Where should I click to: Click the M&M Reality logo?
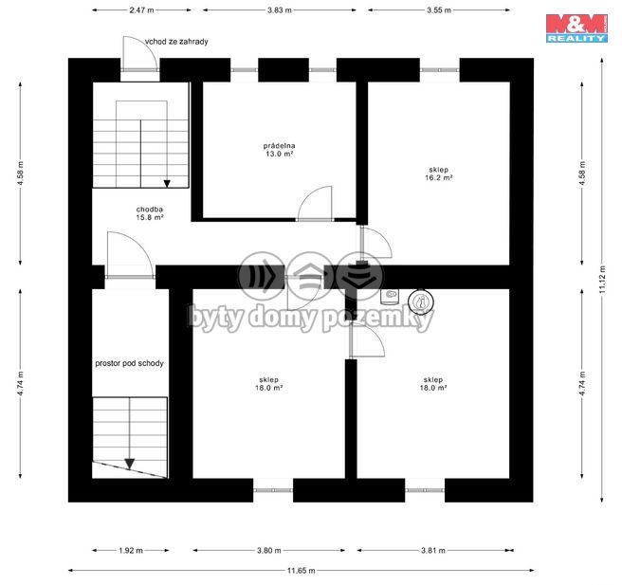(576, 28)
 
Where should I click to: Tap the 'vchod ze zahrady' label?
(176, 42)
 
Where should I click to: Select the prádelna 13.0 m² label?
(280, 150)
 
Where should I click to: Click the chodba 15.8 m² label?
(150, 213)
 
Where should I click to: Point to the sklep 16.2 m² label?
(439, 174)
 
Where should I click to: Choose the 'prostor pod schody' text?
(129, 363)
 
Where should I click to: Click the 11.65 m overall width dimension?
(302, 571)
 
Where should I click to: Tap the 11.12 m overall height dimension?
(602, 280)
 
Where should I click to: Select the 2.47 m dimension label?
(141, 10)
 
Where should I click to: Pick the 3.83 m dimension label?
(280, 10)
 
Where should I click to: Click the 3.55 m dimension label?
(439, 10)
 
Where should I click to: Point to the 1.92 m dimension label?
(131, 551)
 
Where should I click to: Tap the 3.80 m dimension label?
(269, 551)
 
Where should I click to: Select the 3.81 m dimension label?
(433, 551)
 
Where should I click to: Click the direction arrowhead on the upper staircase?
(167, 184)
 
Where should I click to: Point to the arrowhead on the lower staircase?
(130, 464)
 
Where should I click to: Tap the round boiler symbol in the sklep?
(421, 302)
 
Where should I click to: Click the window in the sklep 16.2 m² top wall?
(440, 70)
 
